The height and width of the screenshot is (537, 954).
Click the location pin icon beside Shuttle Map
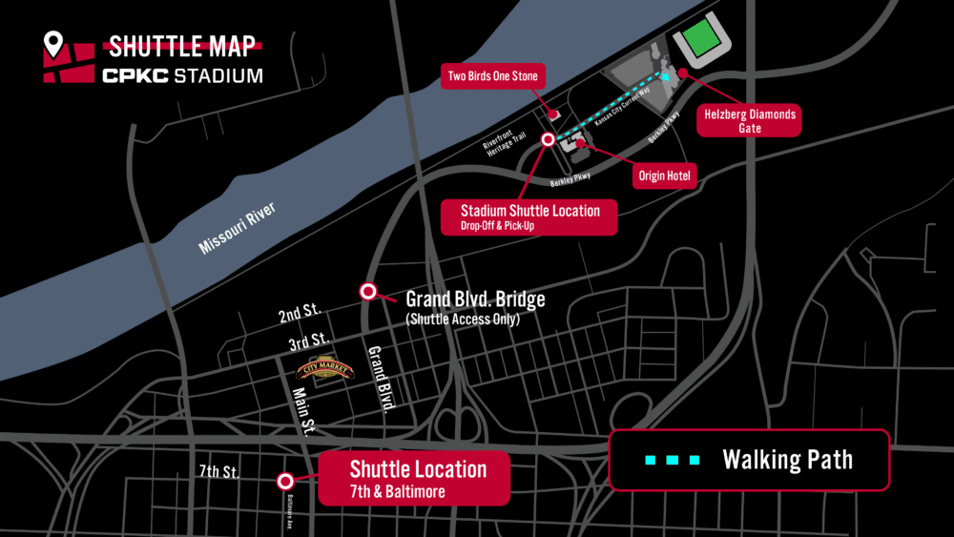click(x=53, y=45)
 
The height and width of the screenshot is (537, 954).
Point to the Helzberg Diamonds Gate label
click(x=749, y=121)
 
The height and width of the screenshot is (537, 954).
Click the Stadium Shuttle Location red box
click(x=529, y=217)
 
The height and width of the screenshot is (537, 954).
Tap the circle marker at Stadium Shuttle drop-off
click(x=548, y=139)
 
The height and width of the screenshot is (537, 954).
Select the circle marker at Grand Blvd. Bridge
click(x=366, y=292)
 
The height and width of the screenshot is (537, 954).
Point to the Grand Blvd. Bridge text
click(x=475, y=299)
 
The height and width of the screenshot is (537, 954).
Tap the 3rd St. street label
click(x=307, y=340)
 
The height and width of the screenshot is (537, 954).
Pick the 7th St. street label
click(x=219, y=472)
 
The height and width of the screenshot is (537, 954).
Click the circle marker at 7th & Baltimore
click(x=284, y=481)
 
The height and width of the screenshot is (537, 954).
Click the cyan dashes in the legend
click(x=673, y=460)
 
